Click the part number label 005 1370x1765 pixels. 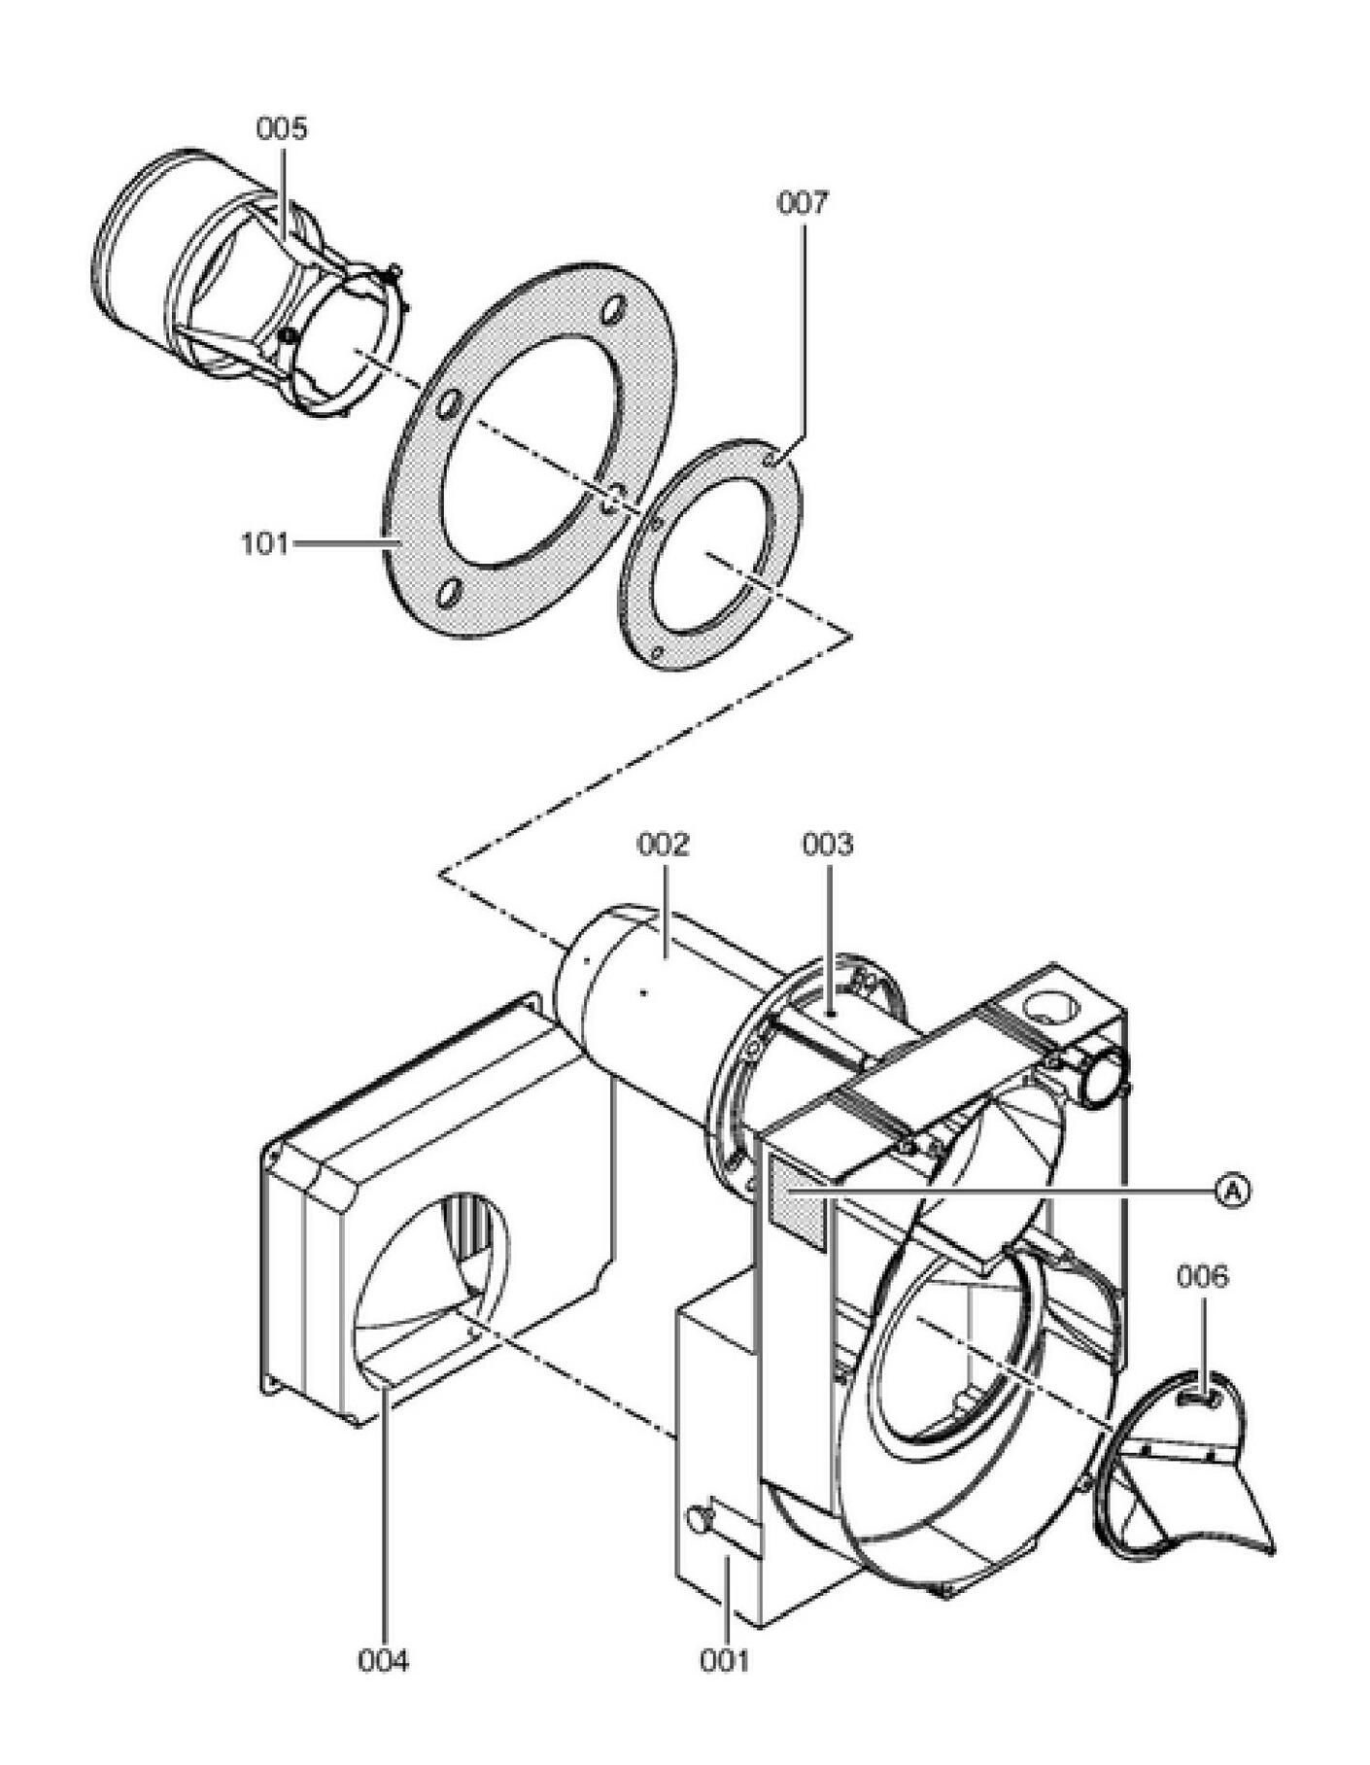click(x=281, y=128)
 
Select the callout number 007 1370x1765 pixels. click(x=803, y=203)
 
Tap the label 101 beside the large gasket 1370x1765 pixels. click(x=264, y=543)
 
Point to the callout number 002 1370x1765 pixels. click(x=663, y=844)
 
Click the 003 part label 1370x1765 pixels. click(x=827, y=844)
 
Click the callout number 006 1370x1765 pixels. click(x=1202, y=1276)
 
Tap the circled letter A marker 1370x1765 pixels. click(x=1232, y=1189)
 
